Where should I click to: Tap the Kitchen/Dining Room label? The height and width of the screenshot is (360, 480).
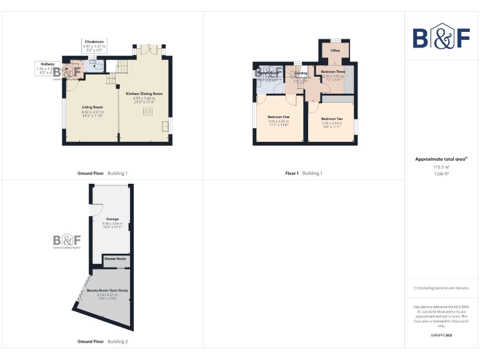(144, 93)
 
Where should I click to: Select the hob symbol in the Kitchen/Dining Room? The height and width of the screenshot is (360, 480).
(149, 111)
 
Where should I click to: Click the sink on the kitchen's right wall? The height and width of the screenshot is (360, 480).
(166, 126)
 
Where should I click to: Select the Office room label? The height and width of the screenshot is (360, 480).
(335, 51)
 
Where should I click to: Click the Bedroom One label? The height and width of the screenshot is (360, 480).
(278, 117)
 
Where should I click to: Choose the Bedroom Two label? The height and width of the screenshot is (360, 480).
(331, 119)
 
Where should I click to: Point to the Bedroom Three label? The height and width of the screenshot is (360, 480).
(332, 72)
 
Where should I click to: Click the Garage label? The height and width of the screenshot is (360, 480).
(112, 219)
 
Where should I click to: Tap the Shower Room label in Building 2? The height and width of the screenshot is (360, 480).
(115, 258)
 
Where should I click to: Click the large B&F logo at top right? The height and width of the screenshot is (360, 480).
(441, 37)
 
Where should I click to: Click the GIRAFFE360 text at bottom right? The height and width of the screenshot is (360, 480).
(441, 336)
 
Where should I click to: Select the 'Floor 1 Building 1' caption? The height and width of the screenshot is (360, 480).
(303, 173)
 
